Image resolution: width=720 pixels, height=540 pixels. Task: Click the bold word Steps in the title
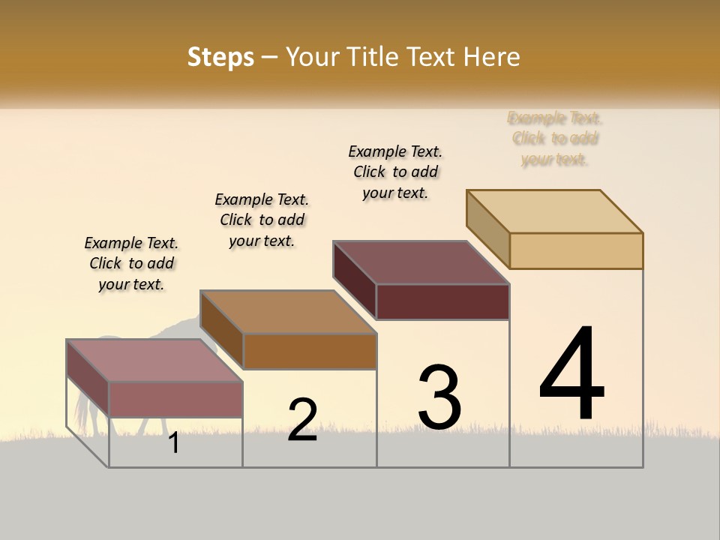[x=220, y=57]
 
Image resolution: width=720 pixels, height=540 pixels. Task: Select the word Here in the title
[x=491, y=57]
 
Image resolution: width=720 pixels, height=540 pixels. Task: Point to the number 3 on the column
[x=439, y=397]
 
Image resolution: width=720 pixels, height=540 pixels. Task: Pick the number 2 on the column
[x=302, y=420]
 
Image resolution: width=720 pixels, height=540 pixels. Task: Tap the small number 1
[x=174, y=443]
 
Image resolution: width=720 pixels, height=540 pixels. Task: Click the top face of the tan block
[x=555, y=211]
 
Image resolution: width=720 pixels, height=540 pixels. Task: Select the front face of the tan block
[x=576, y=250]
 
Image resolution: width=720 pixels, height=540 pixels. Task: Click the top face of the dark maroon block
[x=421, y=262]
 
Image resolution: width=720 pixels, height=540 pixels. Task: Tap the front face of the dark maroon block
[x=442, y=301]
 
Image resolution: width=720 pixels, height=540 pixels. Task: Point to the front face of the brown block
[x=310, y=351]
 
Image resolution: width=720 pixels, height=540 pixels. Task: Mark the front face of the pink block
[x=175, y=400]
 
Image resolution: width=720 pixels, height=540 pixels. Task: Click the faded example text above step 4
[x=555, y=139]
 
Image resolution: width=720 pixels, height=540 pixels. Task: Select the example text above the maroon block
[x=396, y=172]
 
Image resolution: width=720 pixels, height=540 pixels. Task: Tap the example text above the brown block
[x=262, y=220]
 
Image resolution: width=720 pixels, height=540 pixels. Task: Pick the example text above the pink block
[x=131, y=263]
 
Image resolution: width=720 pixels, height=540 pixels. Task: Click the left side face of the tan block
[x=487, y=229]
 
